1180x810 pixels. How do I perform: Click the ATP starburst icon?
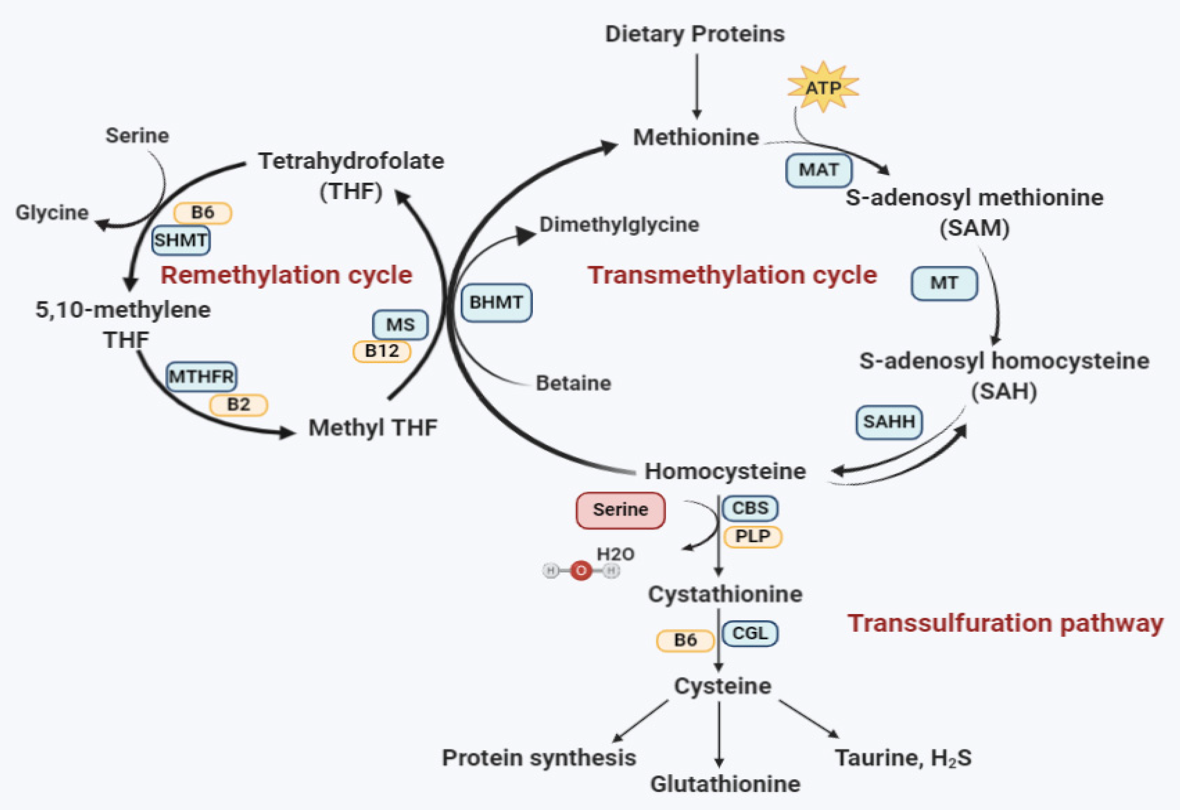click(822, 87)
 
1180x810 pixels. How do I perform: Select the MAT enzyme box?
click(818, 170)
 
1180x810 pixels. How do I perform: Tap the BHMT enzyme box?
click(496, 303)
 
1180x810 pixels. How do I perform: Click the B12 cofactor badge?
click(382, 351)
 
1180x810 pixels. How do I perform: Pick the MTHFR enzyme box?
click(201, 377)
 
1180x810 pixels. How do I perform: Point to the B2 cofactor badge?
click(239, 405)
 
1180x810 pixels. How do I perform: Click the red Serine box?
click(621, 510)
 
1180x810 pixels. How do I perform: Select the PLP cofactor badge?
click(752, 536)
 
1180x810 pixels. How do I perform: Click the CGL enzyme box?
click(750, 633)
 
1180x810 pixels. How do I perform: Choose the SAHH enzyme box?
click(889, 421)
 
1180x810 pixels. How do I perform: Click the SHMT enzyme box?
click(181, 240)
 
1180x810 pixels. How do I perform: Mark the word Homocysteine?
click(725, 471)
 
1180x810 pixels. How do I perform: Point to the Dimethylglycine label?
click(619, 224)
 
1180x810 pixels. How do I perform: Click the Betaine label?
click(573, 383)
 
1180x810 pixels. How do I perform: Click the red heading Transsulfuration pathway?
click(1005, 623)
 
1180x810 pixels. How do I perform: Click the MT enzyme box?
click(944, 283)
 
